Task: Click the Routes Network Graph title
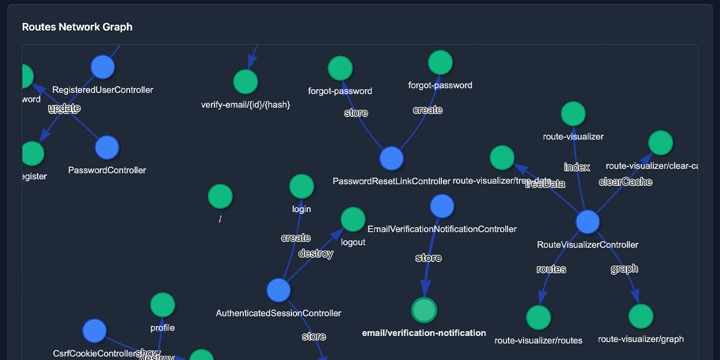pyautogui.click(x=77, y=27)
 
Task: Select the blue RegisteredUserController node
pyautogui.click(x=103, y=67)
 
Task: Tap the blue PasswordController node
pyautogui.click(x=107, y=148)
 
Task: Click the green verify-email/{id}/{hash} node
pyautogui.click(x=245, y=82)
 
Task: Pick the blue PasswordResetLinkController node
pyautogui.click(x=391, y=158)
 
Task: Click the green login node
pyautogui.click(x=301, y=186)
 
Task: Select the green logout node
pyautogui.click(x=353, y=219)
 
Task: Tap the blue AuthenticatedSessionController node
pyautogui.click(x=279, y=290)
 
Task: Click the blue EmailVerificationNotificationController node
pyautogui.click(x=442, y=206)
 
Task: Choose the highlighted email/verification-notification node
pyautogui.click(x=424, y=310)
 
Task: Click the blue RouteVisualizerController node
pyautogui.click(x=588, y=222)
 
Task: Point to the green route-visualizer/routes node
pyautogui.click(x=538, y=318)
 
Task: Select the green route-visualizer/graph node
pyautogui.click(x=641, y=316)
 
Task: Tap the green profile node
pyautogui.click(x=162, y=305)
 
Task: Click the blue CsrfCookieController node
pyautogui.click(x=94, y=331)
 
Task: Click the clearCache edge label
pyautogui.click(x=625, y=182)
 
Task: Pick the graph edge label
pyautogui.click(x=624, y=269)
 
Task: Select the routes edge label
pyautogui.click(x=551, y=269)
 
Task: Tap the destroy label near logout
pyautogui.click(x=315, y=253)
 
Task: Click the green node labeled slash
pyautogui.click(x=220, y=197)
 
